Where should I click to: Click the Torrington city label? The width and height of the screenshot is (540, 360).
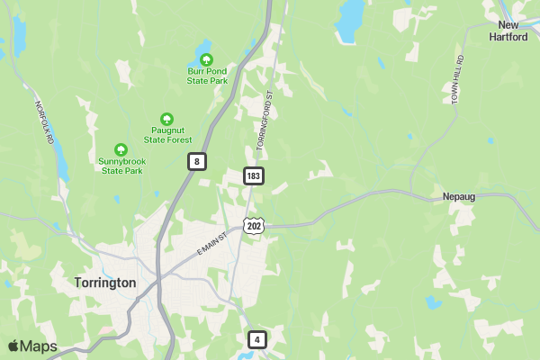(104, 283)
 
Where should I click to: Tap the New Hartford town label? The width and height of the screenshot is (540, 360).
(508, 31)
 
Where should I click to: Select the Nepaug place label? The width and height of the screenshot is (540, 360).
(459, 196)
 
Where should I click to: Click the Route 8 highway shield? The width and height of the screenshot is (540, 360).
(197, 161)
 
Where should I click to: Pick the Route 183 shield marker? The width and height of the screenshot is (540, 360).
(254, 175)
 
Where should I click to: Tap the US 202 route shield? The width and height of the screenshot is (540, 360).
(254, 226)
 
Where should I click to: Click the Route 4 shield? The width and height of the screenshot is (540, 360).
(257, 339)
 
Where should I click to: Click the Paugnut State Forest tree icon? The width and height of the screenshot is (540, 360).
(166, 119)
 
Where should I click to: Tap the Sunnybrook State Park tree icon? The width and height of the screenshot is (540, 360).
(121, 149)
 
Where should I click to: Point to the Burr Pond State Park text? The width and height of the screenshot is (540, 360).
(208, 76)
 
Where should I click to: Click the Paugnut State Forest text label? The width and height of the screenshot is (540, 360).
(167, 135)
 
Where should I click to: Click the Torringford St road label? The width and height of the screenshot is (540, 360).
(263, 120)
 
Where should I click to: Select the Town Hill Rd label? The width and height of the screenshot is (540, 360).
(457, 78)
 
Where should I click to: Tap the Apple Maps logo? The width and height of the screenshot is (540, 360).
(32, 346)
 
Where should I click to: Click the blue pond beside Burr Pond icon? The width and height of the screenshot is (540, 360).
(203, 47)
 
